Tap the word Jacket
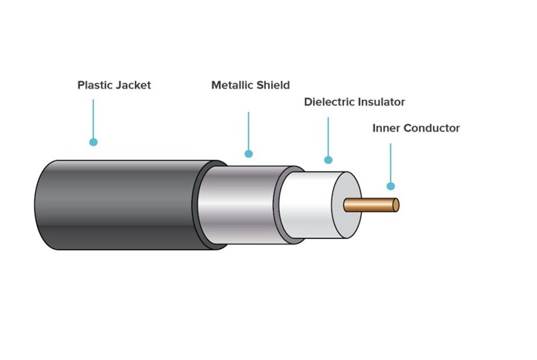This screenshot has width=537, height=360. coord(133,85)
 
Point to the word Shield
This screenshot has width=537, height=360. coord(275,85)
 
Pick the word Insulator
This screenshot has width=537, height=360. coord(382,102)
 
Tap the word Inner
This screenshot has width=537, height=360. coord(387,128)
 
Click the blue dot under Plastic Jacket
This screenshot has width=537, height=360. coord(93,142)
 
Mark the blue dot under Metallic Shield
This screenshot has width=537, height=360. coord(248,154)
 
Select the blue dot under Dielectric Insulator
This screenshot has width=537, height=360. coord(328,160)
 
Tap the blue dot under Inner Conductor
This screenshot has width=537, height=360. coord(391,186)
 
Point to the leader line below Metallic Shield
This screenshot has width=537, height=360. coord(248,131)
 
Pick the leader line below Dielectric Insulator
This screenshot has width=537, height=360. coord(328,137)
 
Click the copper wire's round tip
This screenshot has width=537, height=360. coord(396,204)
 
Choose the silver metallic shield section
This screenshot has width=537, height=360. coord(242,205)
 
